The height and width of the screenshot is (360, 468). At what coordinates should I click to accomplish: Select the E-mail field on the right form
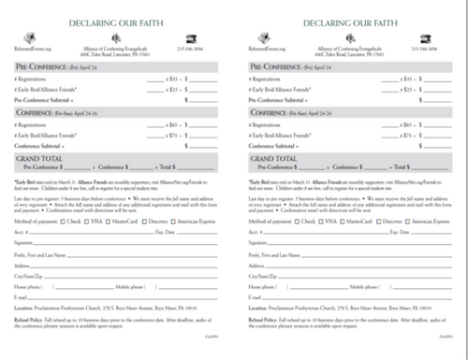(x=365, y=298)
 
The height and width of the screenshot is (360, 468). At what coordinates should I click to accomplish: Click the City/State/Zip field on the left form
(x=131, y=278)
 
